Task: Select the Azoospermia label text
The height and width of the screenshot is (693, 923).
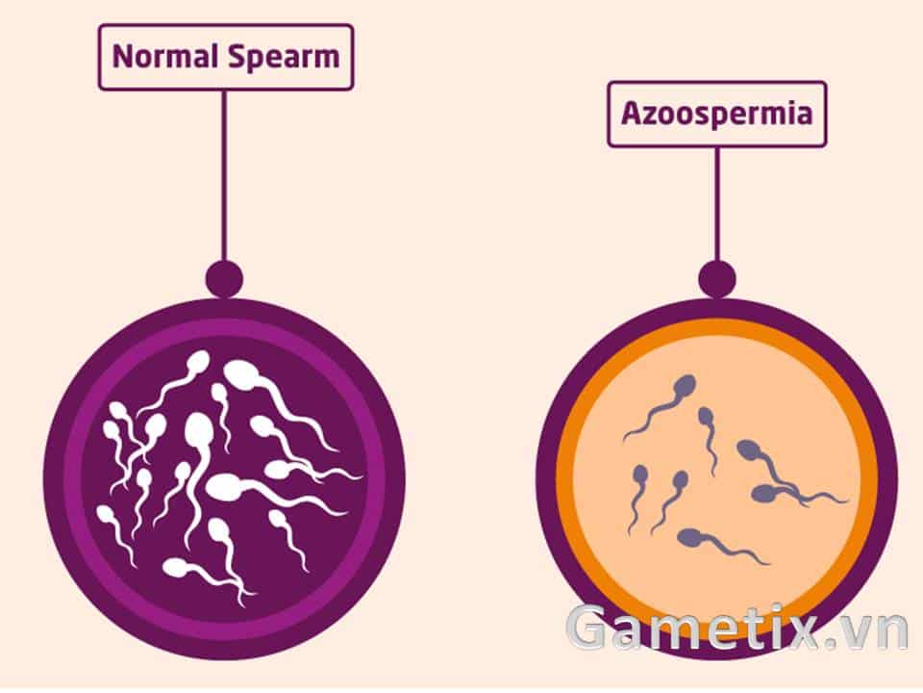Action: [716, 114]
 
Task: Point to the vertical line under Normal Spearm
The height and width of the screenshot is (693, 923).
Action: [224, 175]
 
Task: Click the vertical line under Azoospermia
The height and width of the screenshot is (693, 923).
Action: [717, 204]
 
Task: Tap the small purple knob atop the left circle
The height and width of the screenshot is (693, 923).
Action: [224, 278]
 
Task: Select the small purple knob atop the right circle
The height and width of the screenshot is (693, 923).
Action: [717, 279]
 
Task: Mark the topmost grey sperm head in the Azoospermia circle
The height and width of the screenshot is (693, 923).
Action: [686, 386]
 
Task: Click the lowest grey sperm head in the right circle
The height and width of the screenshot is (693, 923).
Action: [690, 537]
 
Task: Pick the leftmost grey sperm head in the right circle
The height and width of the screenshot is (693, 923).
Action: [640, 475]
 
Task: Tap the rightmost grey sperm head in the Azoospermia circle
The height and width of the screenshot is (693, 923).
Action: [766, 493]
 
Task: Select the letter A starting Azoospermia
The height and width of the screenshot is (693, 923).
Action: [633, 113]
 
